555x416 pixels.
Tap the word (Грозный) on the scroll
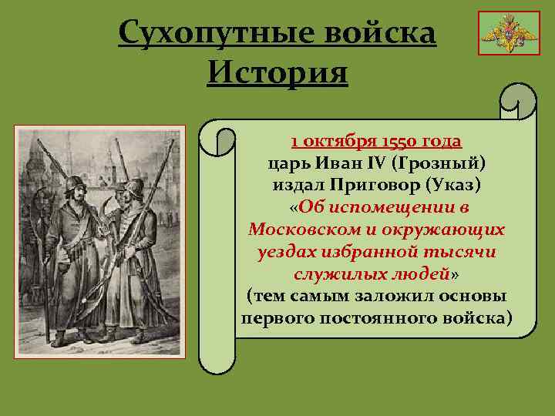point(439,163)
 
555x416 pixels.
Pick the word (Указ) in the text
point(456,186)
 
